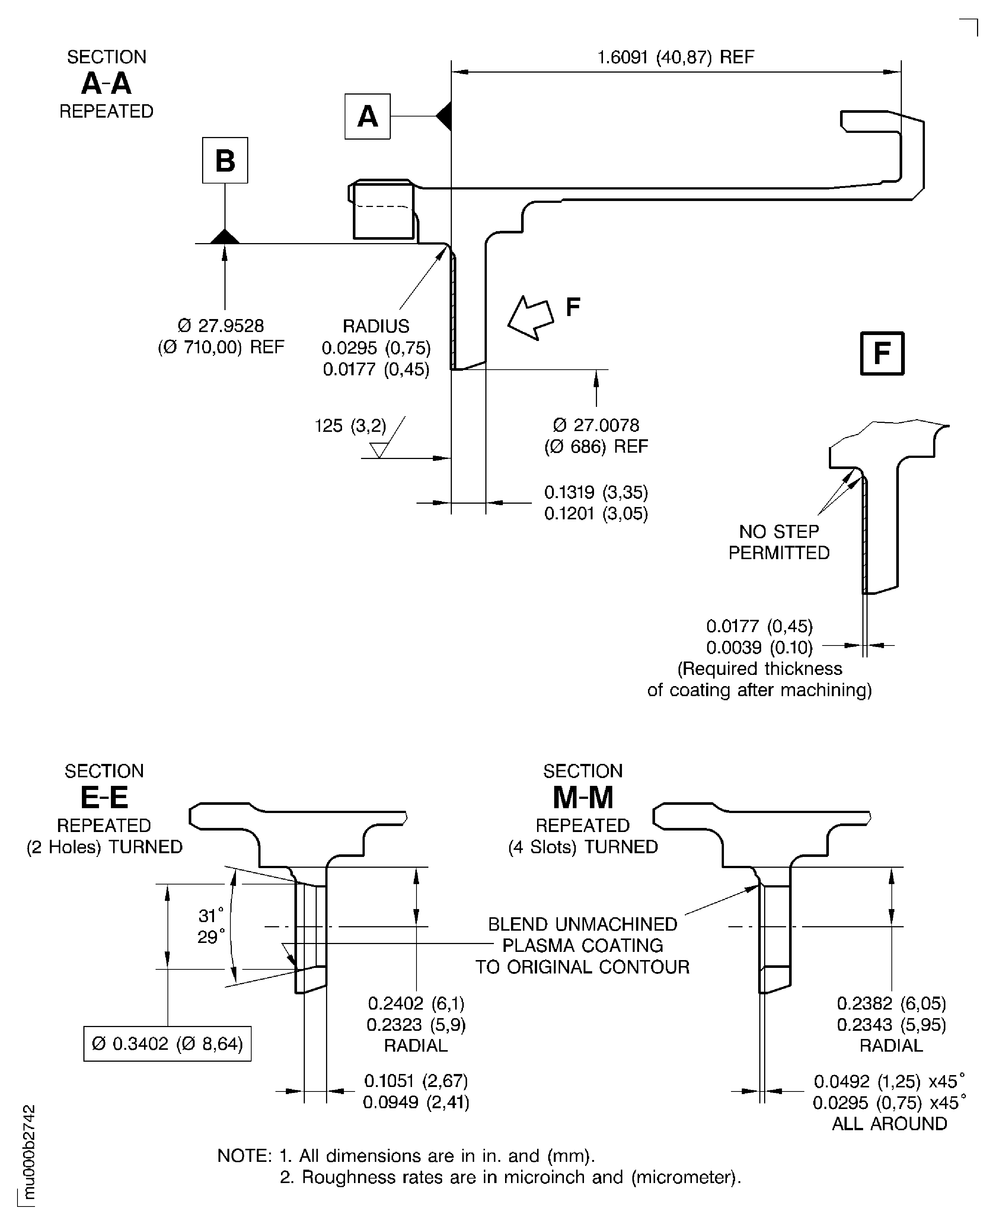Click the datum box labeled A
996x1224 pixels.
click(x=367, y=117)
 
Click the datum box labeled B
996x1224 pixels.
click(x=225, y=160)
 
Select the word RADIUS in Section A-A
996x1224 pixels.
click(x=376, y=326)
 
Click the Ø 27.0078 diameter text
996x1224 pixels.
click(x=596, y=425)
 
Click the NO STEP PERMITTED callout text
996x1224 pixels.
click(x=779, y=542)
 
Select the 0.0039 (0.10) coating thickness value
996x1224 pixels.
click(x=759, y=647)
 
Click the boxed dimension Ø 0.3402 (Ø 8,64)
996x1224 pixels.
click(x=167, y=1044)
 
